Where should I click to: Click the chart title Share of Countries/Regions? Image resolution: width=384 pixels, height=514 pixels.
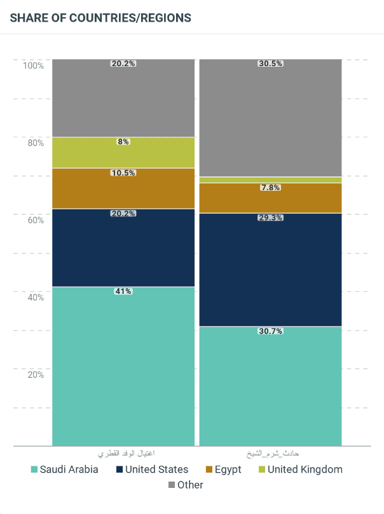tap(100, 18)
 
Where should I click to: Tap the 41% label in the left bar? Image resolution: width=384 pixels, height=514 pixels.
tap(123, 291)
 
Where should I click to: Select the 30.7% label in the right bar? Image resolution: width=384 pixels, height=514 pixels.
tap(270, 331)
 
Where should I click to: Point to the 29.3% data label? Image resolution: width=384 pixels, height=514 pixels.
tap(270, 218)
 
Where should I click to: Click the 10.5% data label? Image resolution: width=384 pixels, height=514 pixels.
tap(123, 172)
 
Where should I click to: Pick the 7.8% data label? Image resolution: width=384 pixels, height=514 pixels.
tap(270, 188)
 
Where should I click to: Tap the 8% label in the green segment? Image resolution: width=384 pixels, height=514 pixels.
tap(123, 142)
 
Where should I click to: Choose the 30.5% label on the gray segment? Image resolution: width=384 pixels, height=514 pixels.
tap(270, 64)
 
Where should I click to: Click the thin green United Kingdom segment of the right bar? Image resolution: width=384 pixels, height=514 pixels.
tap(270, 180)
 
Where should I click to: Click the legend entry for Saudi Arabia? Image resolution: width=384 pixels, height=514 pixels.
tap(64, 469)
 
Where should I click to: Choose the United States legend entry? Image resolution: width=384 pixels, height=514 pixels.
tap(152, 469)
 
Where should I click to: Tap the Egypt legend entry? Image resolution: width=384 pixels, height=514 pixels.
tap(223, 469)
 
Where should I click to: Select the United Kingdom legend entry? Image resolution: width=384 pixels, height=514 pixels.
tap(299, 469)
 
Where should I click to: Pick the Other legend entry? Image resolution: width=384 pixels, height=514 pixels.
tap(186, 485)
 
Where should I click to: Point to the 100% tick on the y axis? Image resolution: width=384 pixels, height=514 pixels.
tap(33, 66)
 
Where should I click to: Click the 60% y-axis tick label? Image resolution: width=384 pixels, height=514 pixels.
tap(35, 220)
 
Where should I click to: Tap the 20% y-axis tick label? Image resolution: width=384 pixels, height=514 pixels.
tap(35, 375)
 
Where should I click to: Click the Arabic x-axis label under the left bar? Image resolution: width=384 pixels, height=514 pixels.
tap(127, 454)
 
